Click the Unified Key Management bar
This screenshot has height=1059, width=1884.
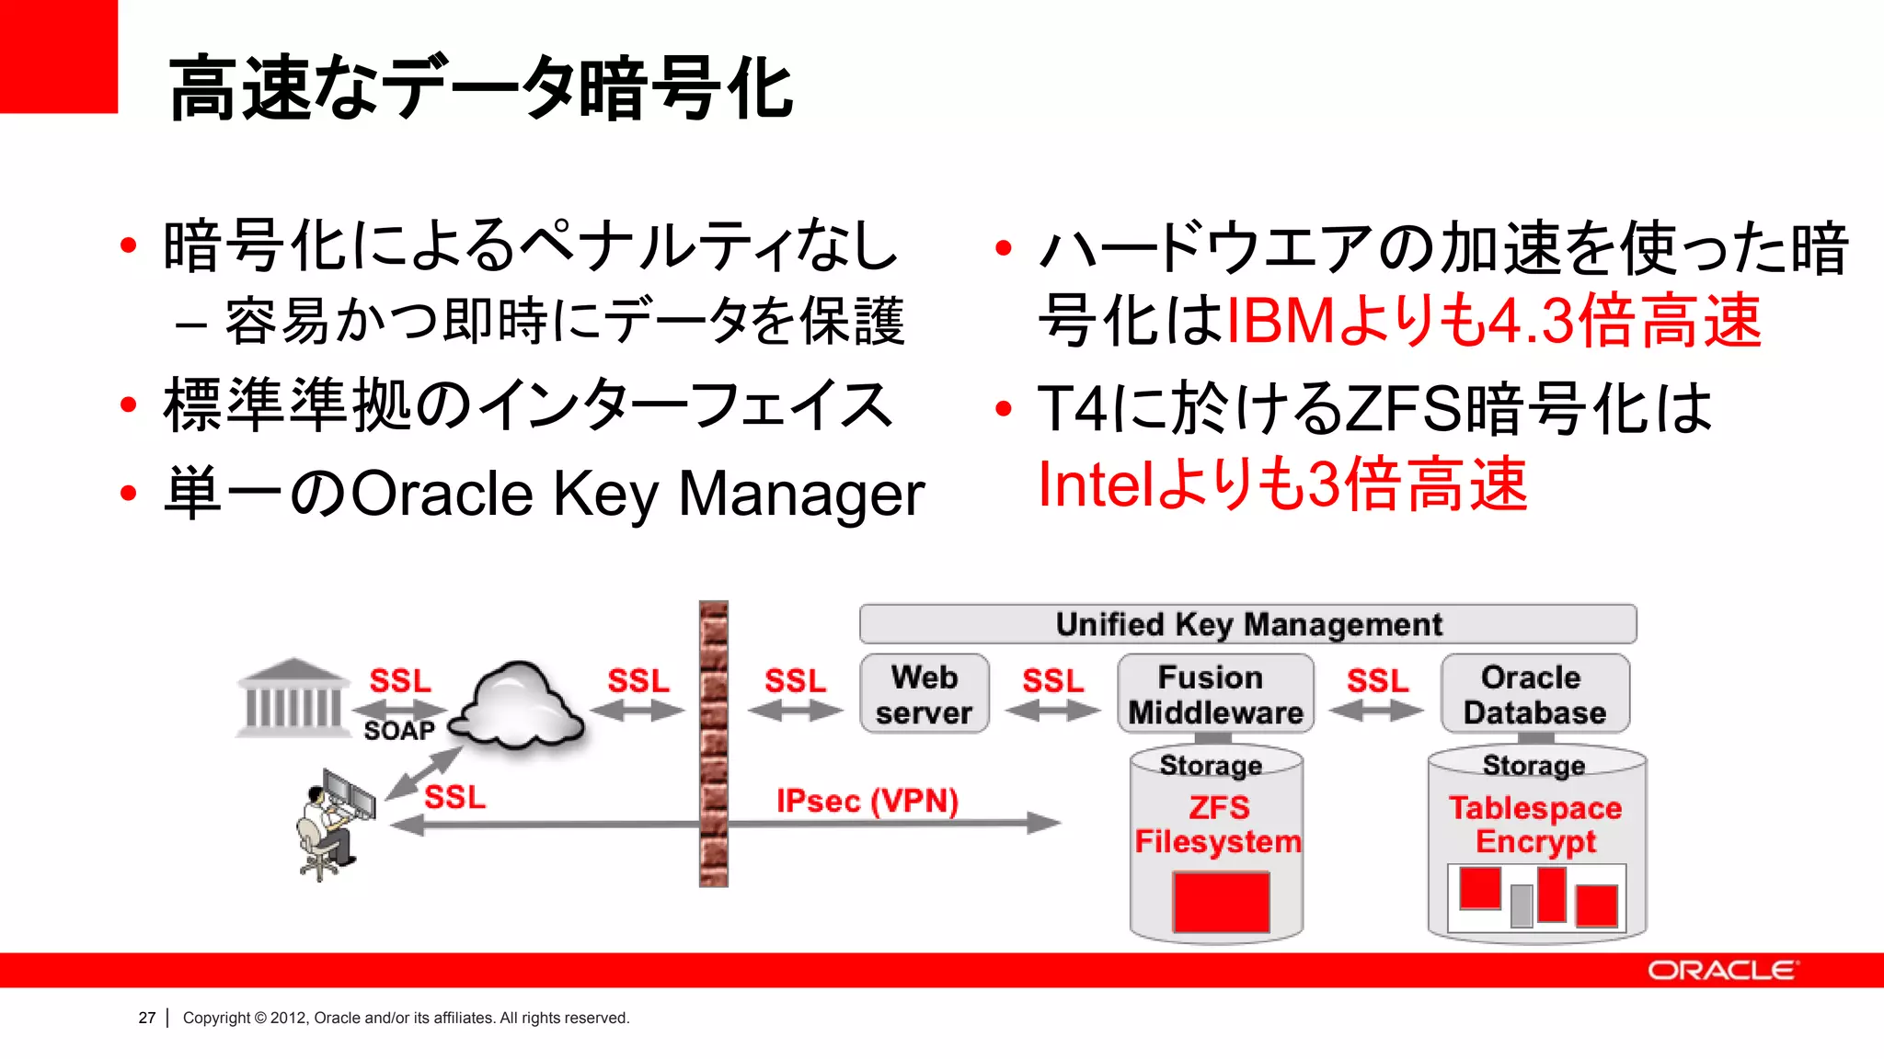pos(1247,624)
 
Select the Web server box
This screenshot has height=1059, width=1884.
pos(924,694)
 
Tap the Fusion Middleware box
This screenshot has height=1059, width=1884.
pos(1215,694)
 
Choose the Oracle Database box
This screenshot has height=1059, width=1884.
pos(1534,694)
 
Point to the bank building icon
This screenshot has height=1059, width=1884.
pos(293,698)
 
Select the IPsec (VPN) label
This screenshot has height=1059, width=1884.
pos(867,801)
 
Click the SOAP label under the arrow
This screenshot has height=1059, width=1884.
pos(398,731)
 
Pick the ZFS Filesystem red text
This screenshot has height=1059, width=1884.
pos(1217,825)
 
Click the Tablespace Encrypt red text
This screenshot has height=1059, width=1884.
pos(1535,825)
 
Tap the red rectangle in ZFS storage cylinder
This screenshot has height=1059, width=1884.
pos(1221,903)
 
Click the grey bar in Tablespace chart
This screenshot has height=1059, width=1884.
pos(1522,905)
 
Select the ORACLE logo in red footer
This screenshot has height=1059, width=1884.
pos(1721,971)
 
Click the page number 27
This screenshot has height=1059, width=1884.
pos(147,1018)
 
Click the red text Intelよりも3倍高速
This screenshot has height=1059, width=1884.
pos(1282,484)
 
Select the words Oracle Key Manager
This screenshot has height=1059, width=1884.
pos(638,495)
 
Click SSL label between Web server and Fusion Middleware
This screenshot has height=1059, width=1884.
pos(1052,681)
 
